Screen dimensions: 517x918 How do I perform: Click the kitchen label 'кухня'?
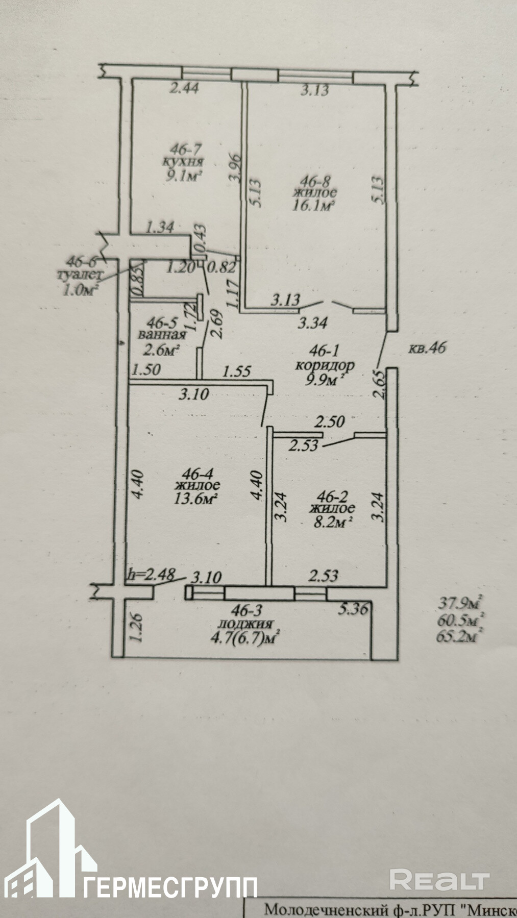[182, 163]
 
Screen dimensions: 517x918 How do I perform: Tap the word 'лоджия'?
[245, 624]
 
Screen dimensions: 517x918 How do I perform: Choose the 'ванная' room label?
[161, 336]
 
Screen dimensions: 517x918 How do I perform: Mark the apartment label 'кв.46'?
[428, 349]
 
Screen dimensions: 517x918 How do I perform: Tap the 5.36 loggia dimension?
[353, 608]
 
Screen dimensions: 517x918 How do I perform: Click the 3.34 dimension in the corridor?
[311, 322]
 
